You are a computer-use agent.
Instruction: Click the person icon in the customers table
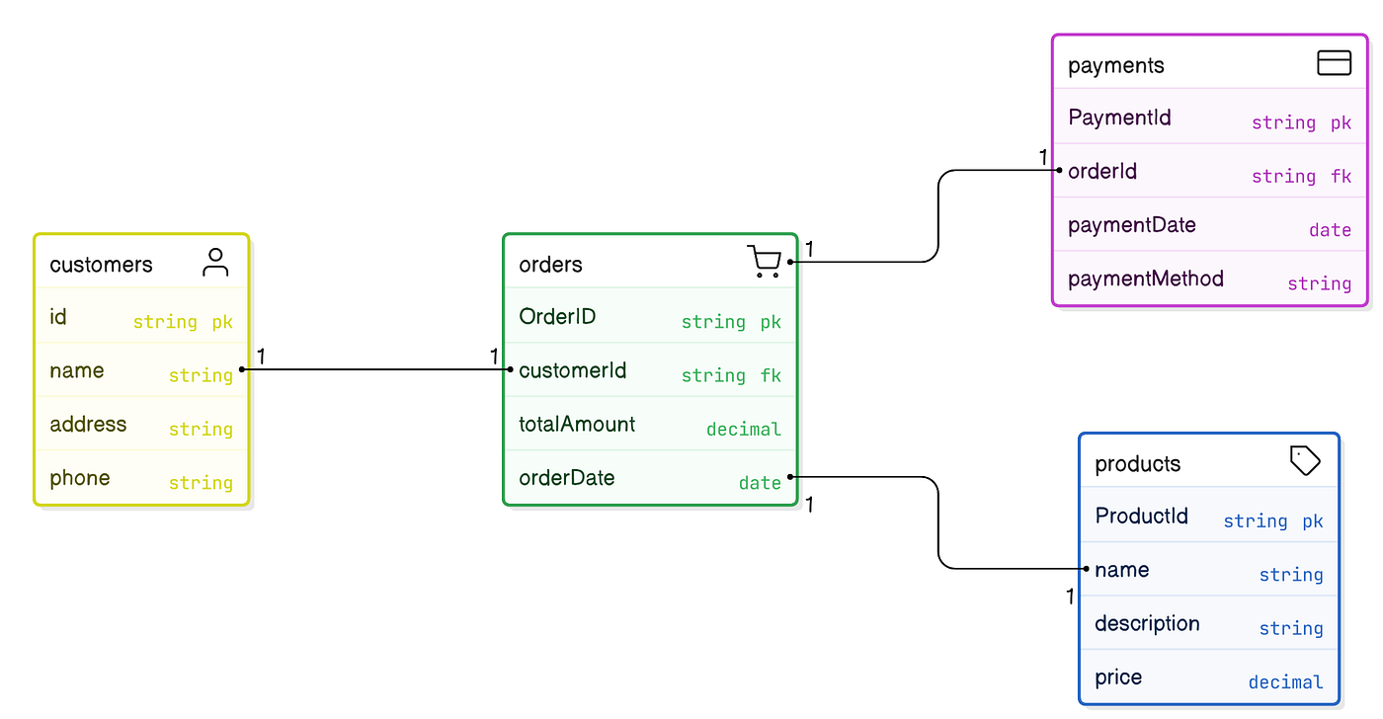(x=215, y=263)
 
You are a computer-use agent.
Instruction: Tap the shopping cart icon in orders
(x=764, y=262)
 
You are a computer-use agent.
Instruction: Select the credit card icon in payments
(x=1334, y=63)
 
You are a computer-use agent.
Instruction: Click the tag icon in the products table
(x=1305, y=461)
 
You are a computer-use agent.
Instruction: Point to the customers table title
(x=101, y=265)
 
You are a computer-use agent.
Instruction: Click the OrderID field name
(x=557, y=317)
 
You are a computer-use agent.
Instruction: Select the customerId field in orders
(x=572, y=370)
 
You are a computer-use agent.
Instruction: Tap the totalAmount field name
(x=577, y=425)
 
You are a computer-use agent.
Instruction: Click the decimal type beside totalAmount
(x=743, y=429)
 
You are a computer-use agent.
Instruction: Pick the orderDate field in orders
(x=566, y=478)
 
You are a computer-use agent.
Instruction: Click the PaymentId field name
(x=1119, y=118)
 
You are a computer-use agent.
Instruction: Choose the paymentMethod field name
(x=1145, y=279)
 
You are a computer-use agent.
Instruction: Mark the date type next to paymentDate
(x=1330, y=230)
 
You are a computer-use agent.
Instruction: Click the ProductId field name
(x=1141, y=517)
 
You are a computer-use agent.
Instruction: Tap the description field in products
(x=1147, y=624)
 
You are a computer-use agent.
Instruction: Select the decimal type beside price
(x=1285, y=682)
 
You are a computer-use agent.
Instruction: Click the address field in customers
(x=88, y=425)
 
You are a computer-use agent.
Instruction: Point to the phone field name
(x=79, y=478)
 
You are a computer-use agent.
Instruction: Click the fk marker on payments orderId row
(x=1341, y=176)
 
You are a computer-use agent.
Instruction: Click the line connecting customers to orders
(x=375, y=369)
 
